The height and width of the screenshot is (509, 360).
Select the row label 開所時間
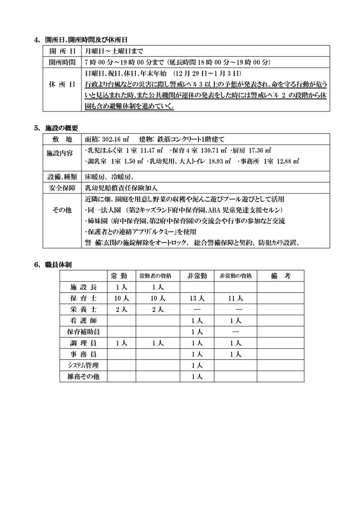pyautogui.click(x=62, y=62)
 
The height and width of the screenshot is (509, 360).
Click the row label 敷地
pyautogui.click(x=62, y=139)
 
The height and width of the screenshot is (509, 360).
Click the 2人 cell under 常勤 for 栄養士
pyautogui.click(x=122, y=309)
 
